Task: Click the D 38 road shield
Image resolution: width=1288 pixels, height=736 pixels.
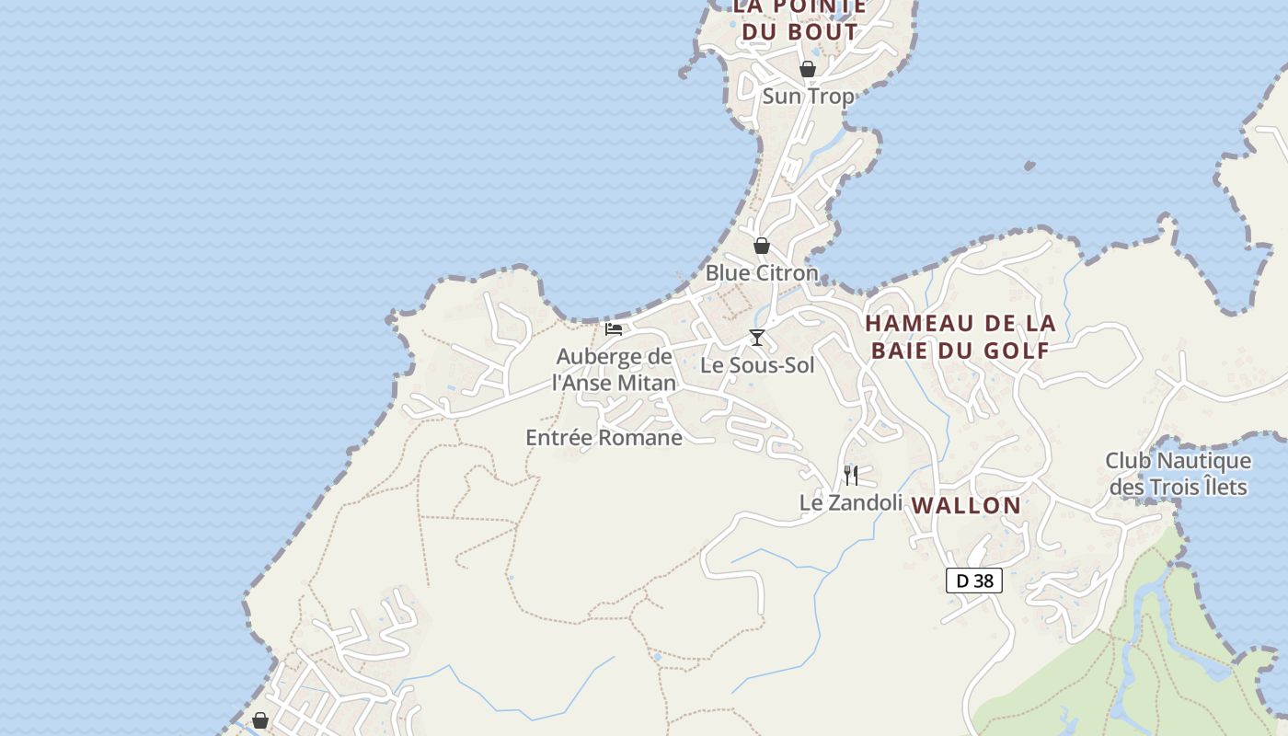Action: coord(974,581)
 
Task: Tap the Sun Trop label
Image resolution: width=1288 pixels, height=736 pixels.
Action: coord(808,96)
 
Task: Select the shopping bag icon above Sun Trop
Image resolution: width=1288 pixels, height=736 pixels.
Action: coord(808,69)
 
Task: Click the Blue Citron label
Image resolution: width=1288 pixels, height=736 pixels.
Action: coord(761,273)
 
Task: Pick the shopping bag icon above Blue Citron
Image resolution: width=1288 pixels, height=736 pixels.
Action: coord(762,246)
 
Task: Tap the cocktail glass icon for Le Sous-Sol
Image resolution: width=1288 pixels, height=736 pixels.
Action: coord(756,338)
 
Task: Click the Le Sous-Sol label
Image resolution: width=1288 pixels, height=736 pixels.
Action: coord(757,365)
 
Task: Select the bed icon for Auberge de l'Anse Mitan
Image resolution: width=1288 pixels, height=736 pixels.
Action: coord(614,328)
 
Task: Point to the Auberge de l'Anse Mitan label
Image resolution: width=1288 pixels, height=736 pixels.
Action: coord(614,370)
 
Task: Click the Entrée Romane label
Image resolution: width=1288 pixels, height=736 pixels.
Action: coord(604,438)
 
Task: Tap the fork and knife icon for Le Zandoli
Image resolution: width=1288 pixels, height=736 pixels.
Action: coord(851,476)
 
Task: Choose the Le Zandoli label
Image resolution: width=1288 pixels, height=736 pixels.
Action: coord(850,503)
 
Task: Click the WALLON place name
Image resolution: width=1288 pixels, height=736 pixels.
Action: coord(966,505)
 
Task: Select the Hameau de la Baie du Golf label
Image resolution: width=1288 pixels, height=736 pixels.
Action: coord(960,337)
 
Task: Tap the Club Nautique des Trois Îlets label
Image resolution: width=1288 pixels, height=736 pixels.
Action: coord(1178,473)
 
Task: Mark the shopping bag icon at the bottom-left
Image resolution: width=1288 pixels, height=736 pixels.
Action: coord(260,720)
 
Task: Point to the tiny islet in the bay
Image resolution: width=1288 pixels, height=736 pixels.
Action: coord(1029,167)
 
